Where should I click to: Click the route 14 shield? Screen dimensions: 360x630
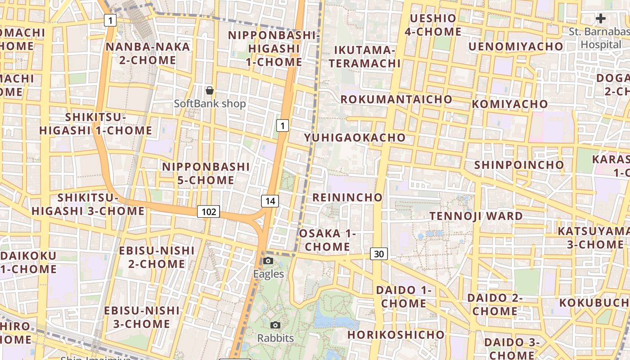pos(270,201)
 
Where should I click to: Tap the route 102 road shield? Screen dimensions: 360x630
pos(209,211)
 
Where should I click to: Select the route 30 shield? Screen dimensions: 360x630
pos(379,254)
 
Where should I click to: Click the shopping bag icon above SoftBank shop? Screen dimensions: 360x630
pos(210,91)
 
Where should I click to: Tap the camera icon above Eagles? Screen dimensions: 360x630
pos(268,261)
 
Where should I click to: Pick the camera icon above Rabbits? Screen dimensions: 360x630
pos(275,325)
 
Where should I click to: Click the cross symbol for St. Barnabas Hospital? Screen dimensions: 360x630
pos(601,18)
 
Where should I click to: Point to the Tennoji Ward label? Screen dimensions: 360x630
pos(476,216)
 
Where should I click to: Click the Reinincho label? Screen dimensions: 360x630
pos(347,197)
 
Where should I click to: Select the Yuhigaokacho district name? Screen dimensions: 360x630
pos(355,137)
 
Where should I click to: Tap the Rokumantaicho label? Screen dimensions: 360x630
pos(396,99)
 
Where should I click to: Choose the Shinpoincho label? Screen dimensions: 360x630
pos(519,165)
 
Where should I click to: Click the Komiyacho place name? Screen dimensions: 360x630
pos(510,104)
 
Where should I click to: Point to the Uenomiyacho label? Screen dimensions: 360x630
pos(516,46)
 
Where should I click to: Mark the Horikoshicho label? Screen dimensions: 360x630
pos(396,335)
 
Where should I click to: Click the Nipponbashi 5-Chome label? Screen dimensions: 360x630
pos(206,173)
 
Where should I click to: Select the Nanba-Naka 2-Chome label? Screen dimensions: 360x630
pos(148,53)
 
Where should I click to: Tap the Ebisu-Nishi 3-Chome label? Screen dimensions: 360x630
pos(142,317)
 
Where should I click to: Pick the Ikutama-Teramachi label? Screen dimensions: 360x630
pos(364,56)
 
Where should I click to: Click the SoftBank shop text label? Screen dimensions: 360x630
pos(210,103)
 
